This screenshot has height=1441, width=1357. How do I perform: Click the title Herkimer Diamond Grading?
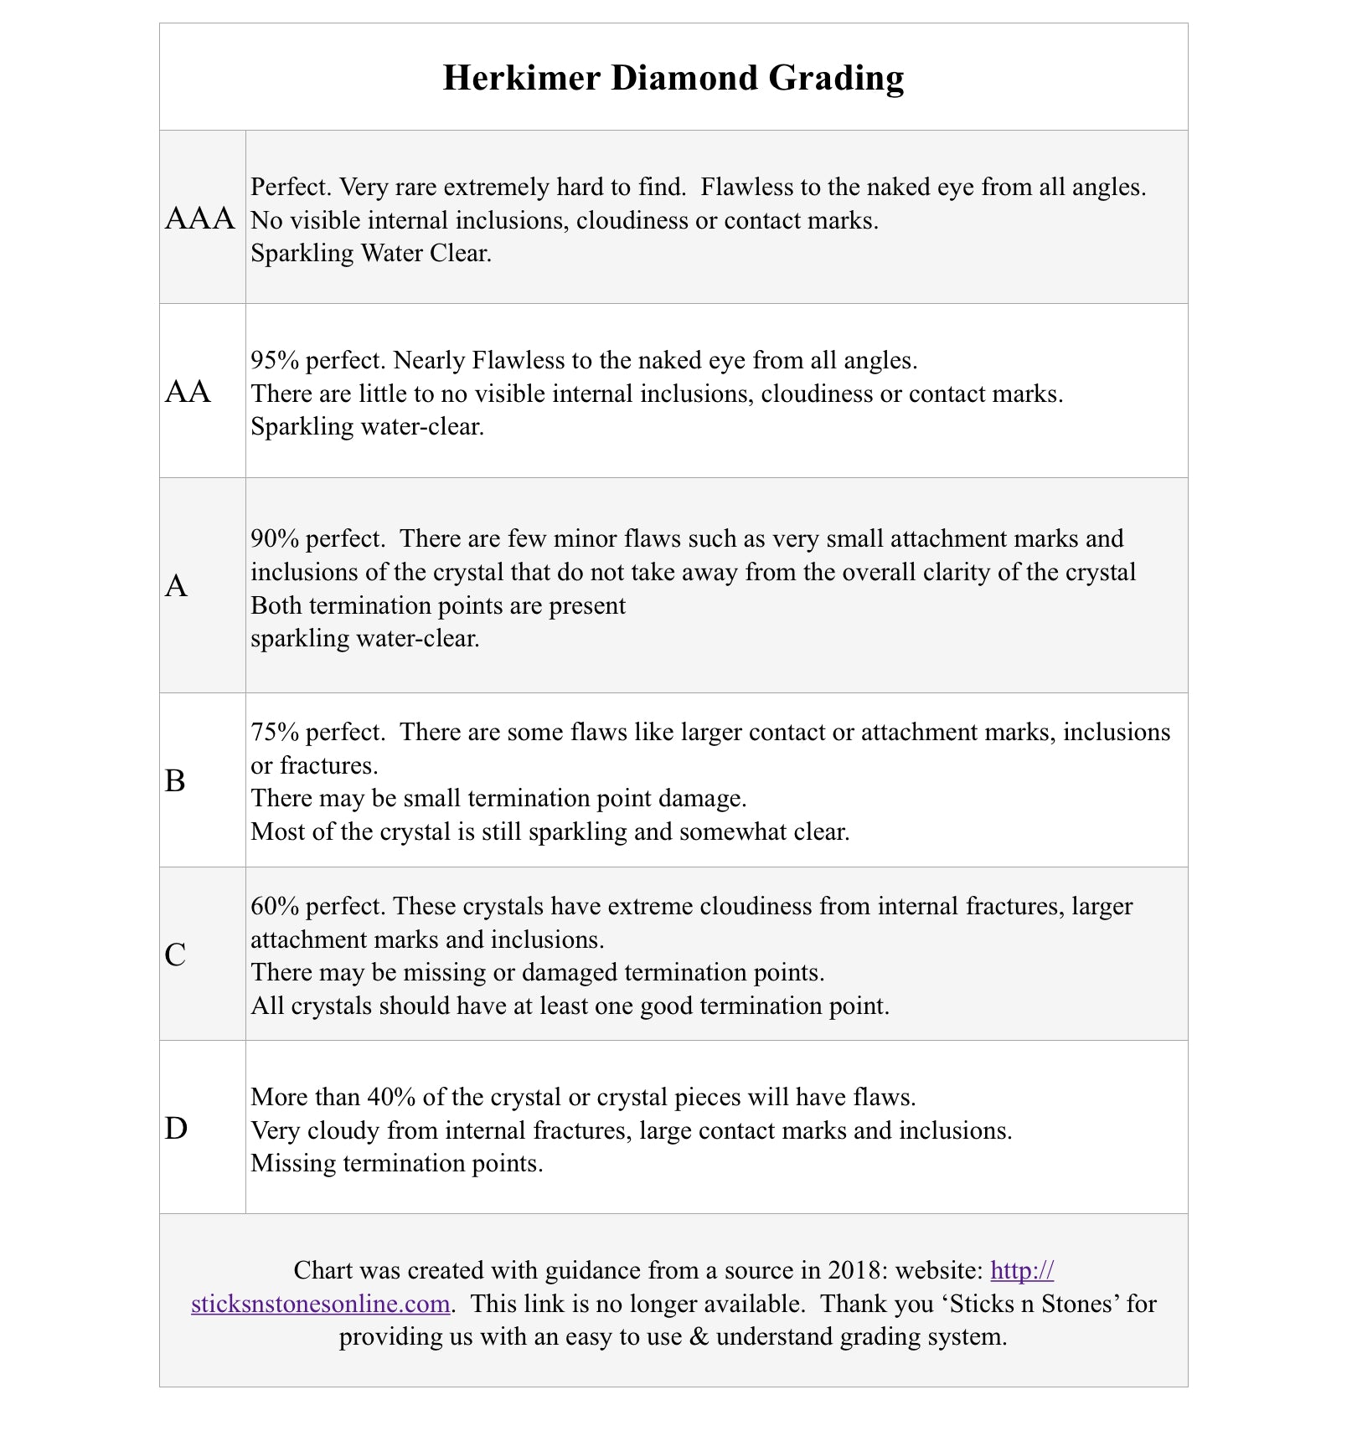coord(673,78)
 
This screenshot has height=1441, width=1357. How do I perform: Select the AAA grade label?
coord(199,219)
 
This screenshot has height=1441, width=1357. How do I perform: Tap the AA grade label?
coord(188,392)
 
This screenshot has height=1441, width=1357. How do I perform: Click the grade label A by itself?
coord(176,586)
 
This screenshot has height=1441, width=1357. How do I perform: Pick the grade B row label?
coord(175,780)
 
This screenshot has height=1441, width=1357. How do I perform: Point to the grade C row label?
coord(175,955)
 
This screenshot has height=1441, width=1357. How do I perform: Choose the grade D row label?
coord(176,1129)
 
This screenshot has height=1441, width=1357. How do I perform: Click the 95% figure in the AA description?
coord(275,360)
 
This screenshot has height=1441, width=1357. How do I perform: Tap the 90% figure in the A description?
coord(275,538)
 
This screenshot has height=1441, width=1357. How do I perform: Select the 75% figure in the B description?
coord(275,733)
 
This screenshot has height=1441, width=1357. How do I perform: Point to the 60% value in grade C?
coord(275,906)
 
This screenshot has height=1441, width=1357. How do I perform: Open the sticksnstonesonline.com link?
coord(321,1304)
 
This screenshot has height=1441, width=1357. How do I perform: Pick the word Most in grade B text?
coord(272,831)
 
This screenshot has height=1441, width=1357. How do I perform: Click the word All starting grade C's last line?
coord(267,1006)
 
